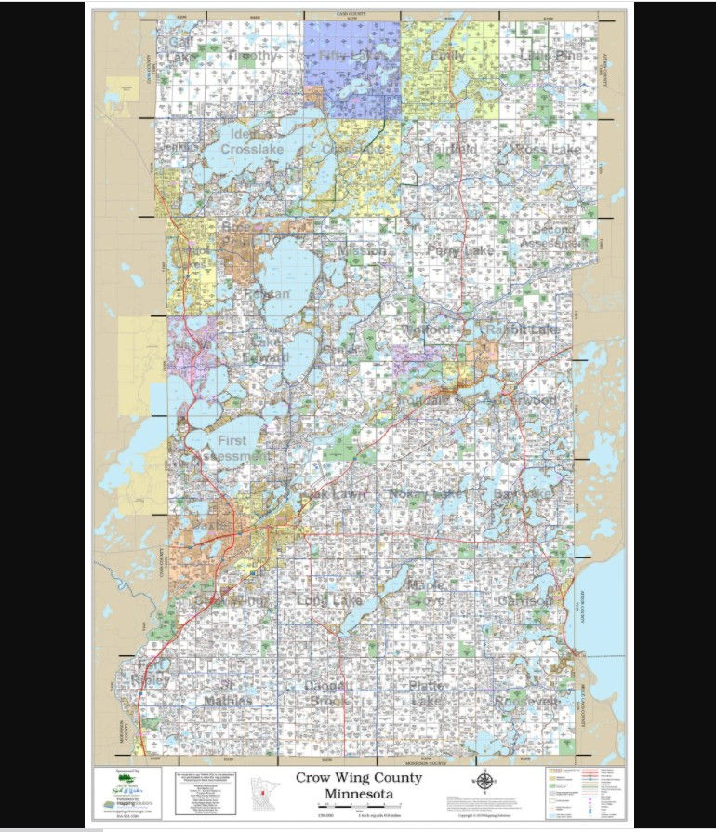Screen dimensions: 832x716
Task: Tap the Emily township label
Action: pyautogui.click(x=447, y=57)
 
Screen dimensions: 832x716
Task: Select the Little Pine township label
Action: pyautogui.click(x=550, y=57)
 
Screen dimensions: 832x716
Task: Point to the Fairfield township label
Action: pyautogui.click(x=451, y=149)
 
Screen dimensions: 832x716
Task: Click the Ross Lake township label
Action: pyautogui.click(x=548, y=149)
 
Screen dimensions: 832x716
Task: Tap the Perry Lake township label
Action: pyautogui.click(x=460, y=250)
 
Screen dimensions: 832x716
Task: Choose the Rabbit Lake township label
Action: pyautogui.click(x=523, y=329)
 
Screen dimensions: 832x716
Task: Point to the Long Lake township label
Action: pyautogui.click(x=330, y=600)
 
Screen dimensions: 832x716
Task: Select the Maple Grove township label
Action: pyautogui.click(x=428, y=593)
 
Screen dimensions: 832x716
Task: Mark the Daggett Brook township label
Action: pyautogui.click(x=326, y=693)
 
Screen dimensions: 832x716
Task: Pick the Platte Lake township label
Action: pyautogui.click(x=428, y=693)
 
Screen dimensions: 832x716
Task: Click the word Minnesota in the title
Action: pyautogui.click(x=358, y=795)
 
